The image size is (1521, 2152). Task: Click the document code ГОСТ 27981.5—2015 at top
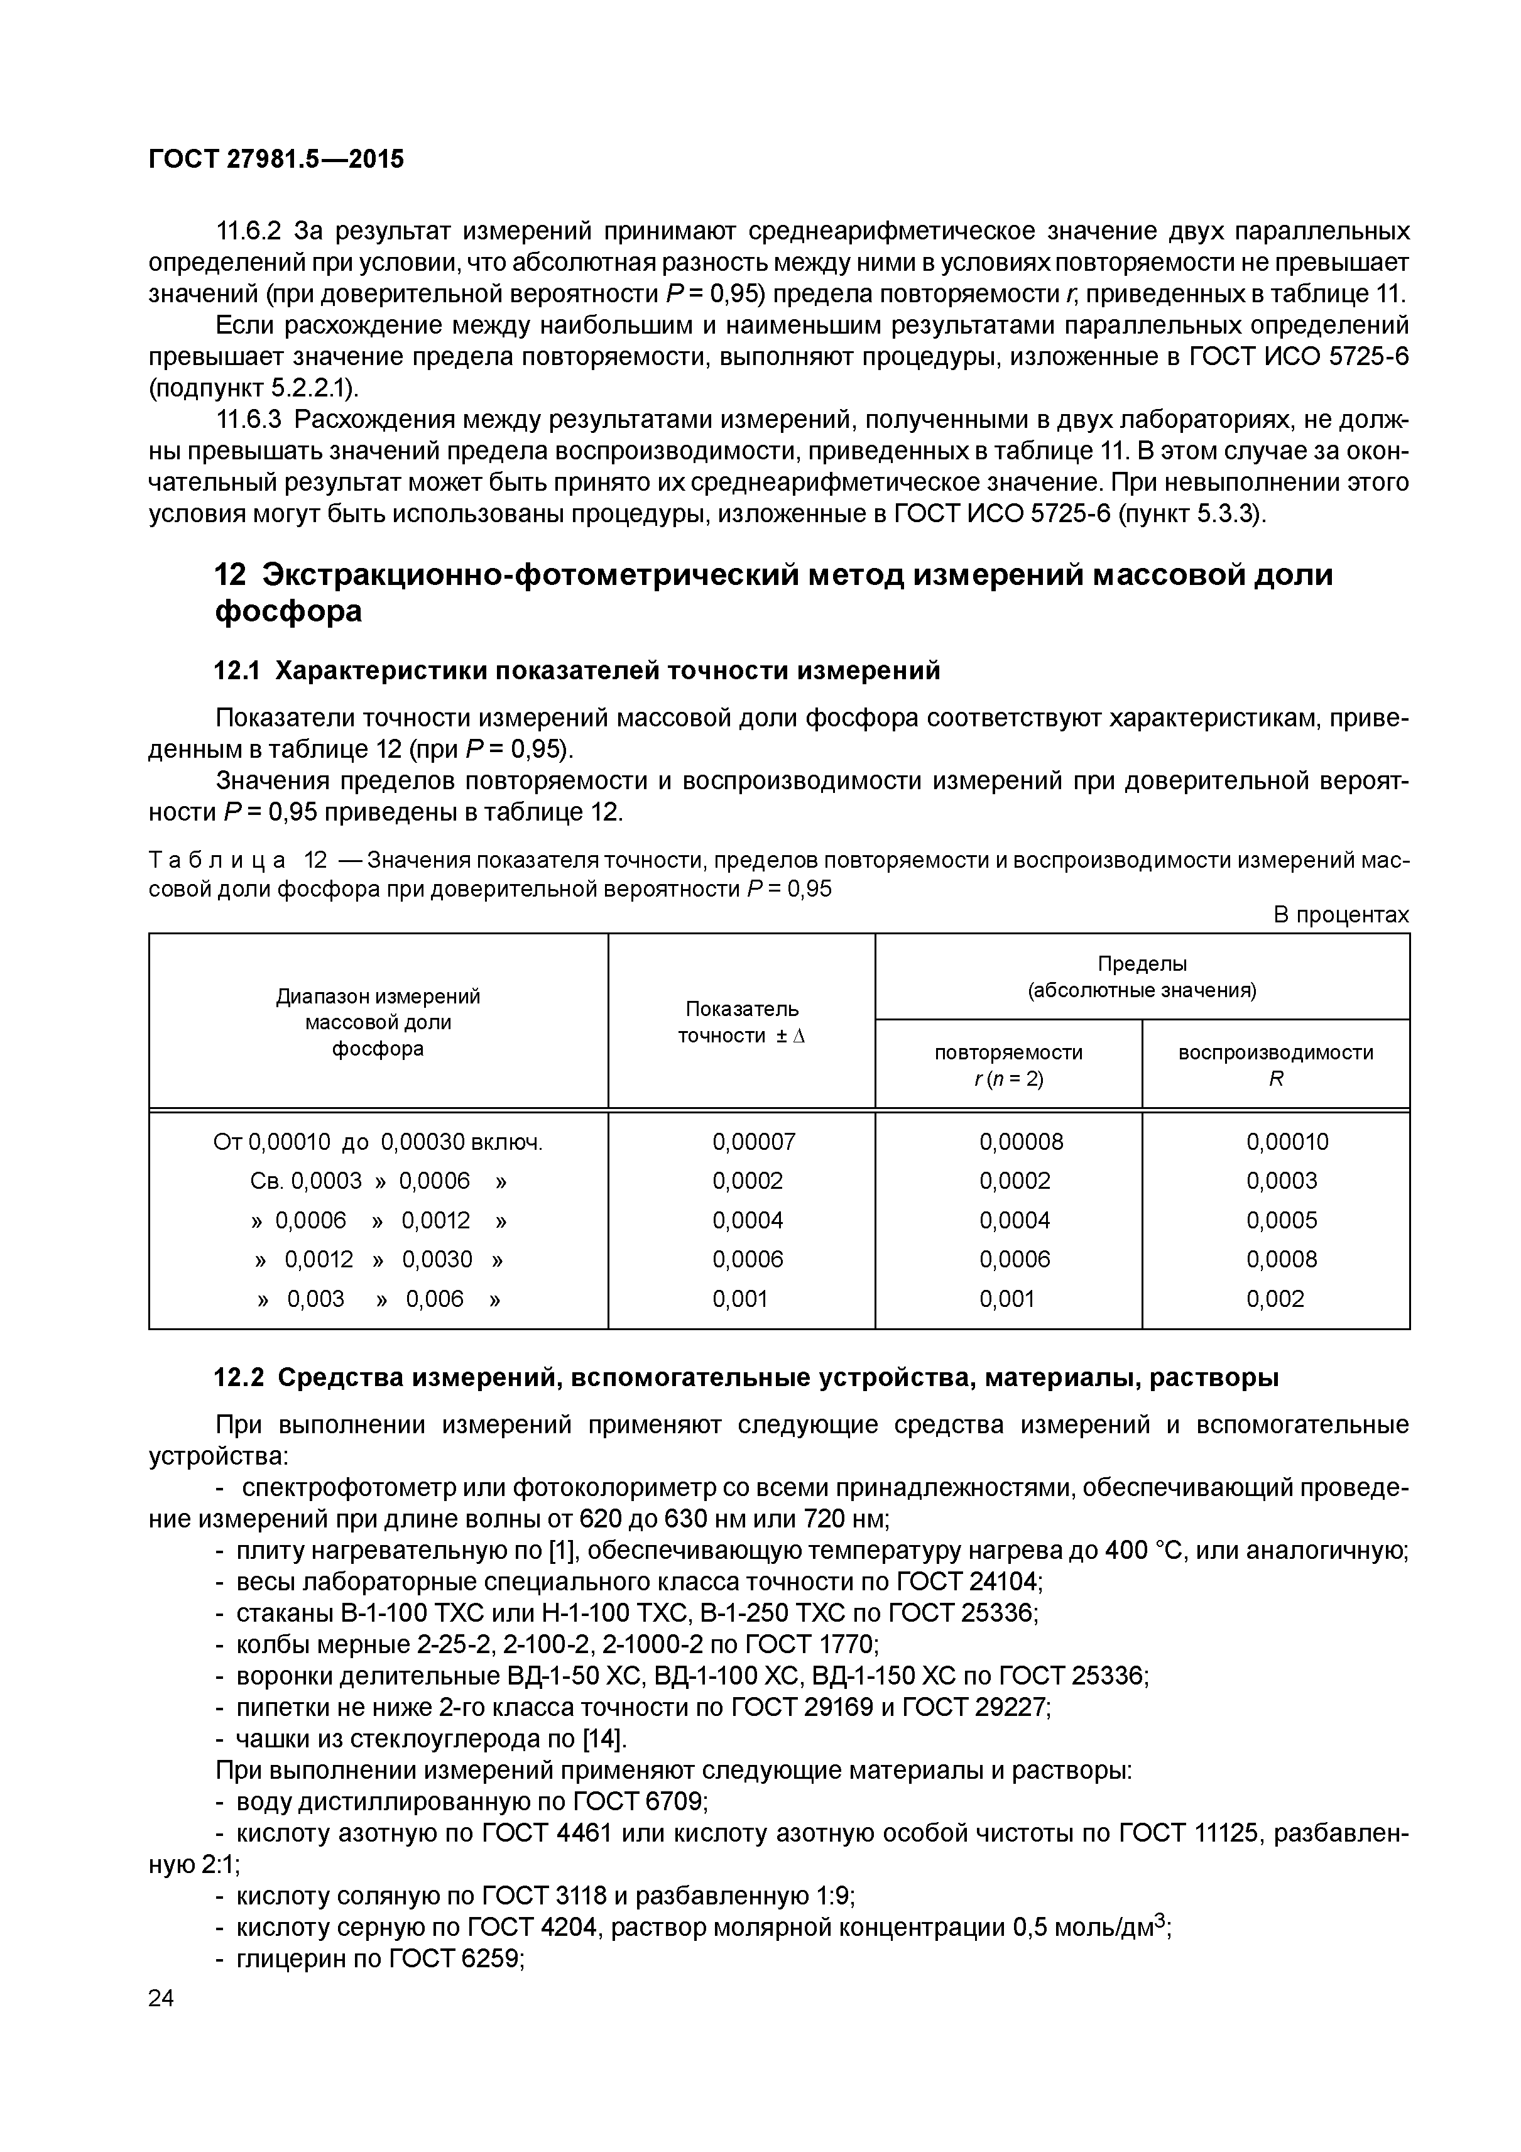click(276, 160)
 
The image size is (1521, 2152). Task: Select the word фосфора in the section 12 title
click(288, 611)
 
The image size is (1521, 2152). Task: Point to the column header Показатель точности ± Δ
click(741, 1022)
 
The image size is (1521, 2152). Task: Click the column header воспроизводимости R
click(1275, 1065)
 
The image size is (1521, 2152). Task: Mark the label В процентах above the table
click(1340, 915)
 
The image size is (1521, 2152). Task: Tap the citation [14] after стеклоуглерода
click(602, 1740)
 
